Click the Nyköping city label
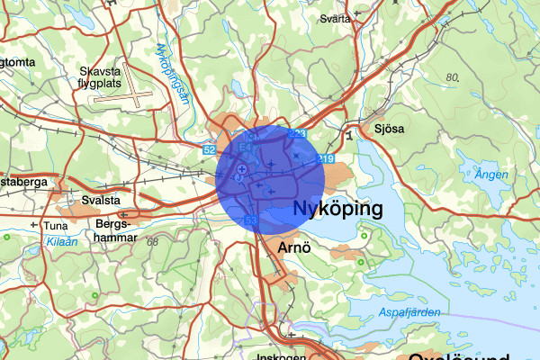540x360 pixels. (x=337, y=210)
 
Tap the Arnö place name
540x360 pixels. (x=295, y=247)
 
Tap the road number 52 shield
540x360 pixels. (x=209, y=149)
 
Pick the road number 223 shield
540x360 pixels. (x=298, y=134)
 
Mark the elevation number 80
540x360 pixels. (x=452, y=78)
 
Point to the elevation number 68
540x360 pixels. (x=152, y=242)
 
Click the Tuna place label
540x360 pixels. (x=56, y=225)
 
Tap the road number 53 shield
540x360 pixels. (x=251, y=220)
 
